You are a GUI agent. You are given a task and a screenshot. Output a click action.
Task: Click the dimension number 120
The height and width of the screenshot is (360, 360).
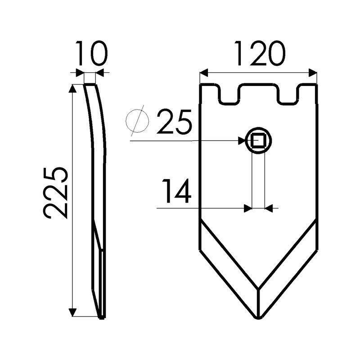pos(259,54)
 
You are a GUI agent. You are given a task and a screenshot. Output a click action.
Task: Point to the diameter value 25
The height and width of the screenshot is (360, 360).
pos(174,122)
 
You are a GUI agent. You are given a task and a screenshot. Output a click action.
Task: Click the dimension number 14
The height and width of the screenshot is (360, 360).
pos(176,191)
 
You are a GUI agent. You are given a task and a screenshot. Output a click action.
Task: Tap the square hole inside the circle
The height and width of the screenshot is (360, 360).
pos(258,141)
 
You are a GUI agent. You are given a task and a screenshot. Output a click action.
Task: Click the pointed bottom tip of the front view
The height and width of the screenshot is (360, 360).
pos(258,318)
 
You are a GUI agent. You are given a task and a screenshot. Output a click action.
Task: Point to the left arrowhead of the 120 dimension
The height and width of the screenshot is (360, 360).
pos(203,72)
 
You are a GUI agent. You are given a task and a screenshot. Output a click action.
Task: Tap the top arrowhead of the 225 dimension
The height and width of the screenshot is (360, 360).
pos(72,88)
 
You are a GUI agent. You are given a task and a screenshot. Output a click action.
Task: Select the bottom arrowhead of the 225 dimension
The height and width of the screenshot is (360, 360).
pos(72,312)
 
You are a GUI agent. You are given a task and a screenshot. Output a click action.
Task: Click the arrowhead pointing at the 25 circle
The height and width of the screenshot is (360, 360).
pos(242,141)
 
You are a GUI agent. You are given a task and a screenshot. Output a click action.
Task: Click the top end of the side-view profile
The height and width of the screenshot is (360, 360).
pos(90,85)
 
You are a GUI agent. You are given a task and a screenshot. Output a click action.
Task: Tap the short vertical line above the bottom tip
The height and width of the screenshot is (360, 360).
pos(258,302)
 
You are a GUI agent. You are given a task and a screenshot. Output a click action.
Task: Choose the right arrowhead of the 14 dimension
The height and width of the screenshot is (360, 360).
pos(269,208)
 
